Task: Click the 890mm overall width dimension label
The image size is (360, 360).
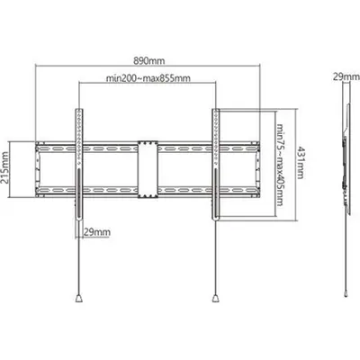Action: point(149,61)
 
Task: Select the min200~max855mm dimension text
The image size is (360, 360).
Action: point(148,78)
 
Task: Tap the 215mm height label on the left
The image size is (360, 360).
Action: point(4,168)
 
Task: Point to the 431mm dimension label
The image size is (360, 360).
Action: point(300,162)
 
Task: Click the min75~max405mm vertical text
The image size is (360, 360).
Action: point(280,165)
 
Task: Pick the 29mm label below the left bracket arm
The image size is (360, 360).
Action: point(96,232)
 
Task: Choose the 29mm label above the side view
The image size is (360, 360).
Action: point(346,77)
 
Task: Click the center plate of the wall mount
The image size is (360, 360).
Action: point(148,169)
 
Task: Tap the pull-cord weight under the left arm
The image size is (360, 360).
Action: point(79,298)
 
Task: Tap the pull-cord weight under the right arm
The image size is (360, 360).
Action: point(216,298)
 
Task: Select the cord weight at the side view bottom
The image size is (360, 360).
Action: point(346,293)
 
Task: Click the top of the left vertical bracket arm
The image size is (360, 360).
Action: point(79,110)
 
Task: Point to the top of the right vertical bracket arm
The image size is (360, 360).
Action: point(216,110)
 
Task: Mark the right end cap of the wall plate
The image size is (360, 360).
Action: point(257,169)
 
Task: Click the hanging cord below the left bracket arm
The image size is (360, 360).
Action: point(79,258)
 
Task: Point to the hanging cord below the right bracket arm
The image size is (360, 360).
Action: point(216,258)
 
